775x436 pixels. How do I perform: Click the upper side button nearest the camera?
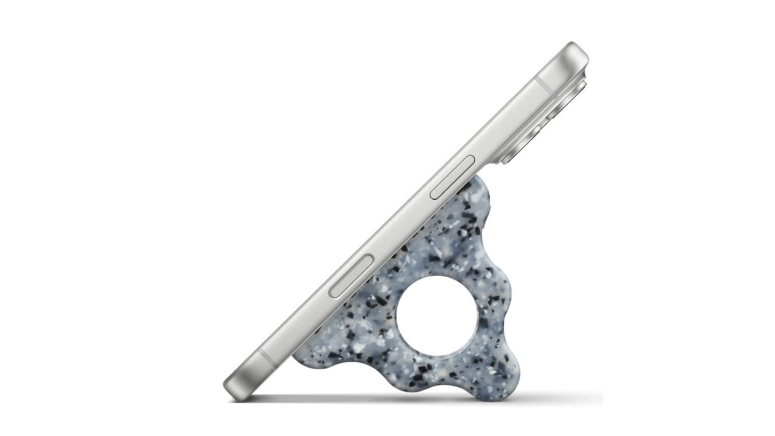click(x=453, y=178)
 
